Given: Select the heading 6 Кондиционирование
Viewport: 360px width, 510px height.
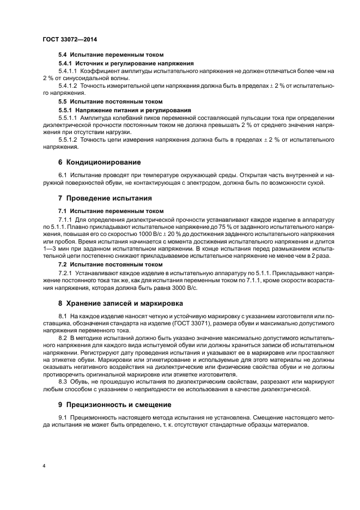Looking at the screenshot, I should tap(100, 162).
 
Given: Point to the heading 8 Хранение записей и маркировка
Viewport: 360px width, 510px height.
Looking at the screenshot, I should tap(121, 303).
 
